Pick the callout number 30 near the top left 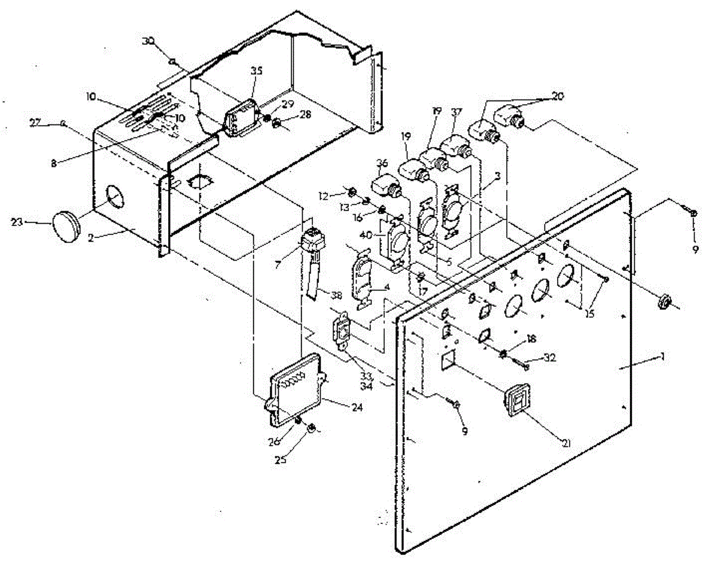coord(148,41)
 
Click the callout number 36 coord(382,163)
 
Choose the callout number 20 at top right coord(558,96)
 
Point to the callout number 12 coord(338,195)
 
